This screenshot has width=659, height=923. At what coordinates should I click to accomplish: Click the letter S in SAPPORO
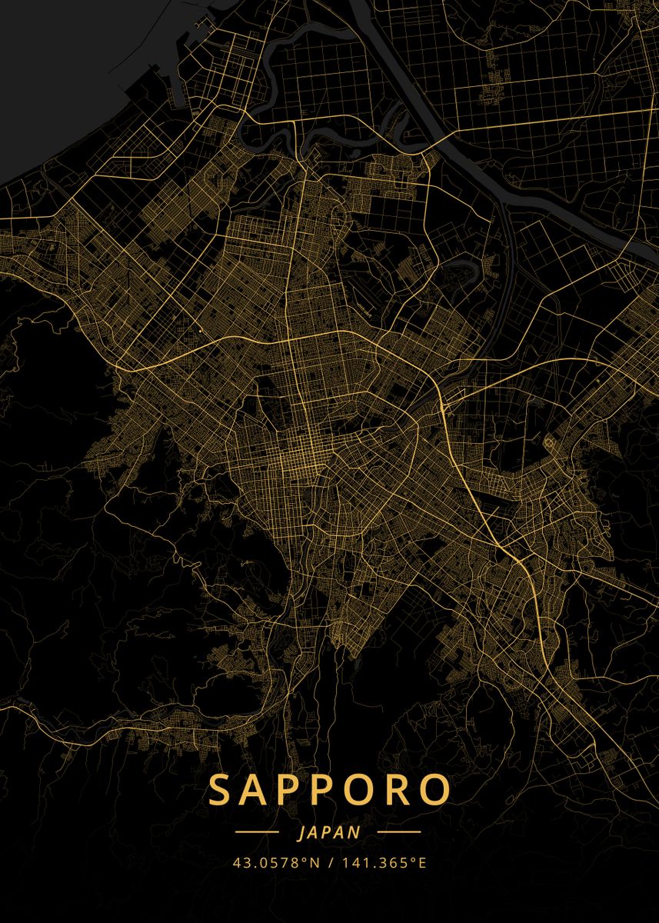(223, 790)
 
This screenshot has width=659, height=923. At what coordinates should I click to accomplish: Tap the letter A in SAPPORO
(259, 790)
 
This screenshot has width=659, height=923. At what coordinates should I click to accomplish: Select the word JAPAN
(328, 832)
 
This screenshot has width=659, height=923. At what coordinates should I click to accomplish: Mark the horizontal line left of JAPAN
(257, 832)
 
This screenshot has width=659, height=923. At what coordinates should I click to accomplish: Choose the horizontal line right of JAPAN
(399, 832)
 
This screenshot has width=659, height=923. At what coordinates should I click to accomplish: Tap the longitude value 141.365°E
(383, 862)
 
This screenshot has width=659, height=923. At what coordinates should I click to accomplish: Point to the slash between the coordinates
(330, 862)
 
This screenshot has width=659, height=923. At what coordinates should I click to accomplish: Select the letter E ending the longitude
(422, 862)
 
